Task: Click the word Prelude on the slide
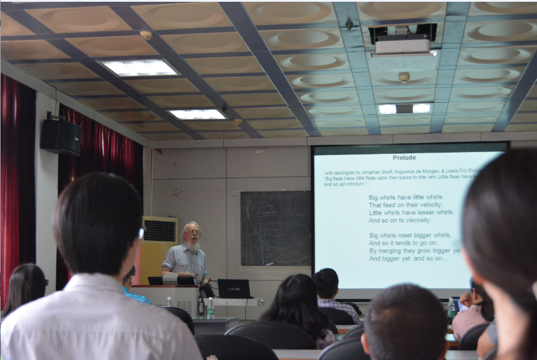click(x=404, y=157)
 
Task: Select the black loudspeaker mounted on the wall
click(x=60, y=136)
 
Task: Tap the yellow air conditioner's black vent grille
click(x=159, y=230)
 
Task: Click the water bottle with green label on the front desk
click(x=210, y=307)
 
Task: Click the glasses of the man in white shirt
click(x=141, y=233)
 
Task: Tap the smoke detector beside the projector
click(x=404, y=78)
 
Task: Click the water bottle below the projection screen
click(x=451, y=307)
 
